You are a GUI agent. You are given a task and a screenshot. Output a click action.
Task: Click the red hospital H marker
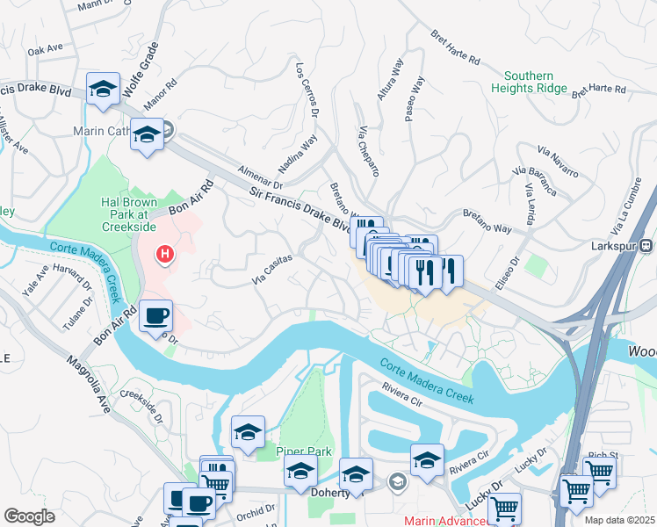click(x=163, y=256)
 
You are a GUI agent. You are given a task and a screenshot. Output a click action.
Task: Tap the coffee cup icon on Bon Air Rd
click(x=155, y=315)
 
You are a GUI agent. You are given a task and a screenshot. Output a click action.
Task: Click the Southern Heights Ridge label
click(x=529, y=83)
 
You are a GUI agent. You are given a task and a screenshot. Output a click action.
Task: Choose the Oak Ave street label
click(x=46, y=51)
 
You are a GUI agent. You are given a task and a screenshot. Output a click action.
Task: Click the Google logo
click(x=29, y=516)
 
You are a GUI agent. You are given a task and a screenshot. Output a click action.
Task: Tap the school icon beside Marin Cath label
click(x=148, y=135)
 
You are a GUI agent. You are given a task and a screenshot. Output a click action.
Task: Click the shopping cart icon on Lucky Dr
click(x=504, y=507)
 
